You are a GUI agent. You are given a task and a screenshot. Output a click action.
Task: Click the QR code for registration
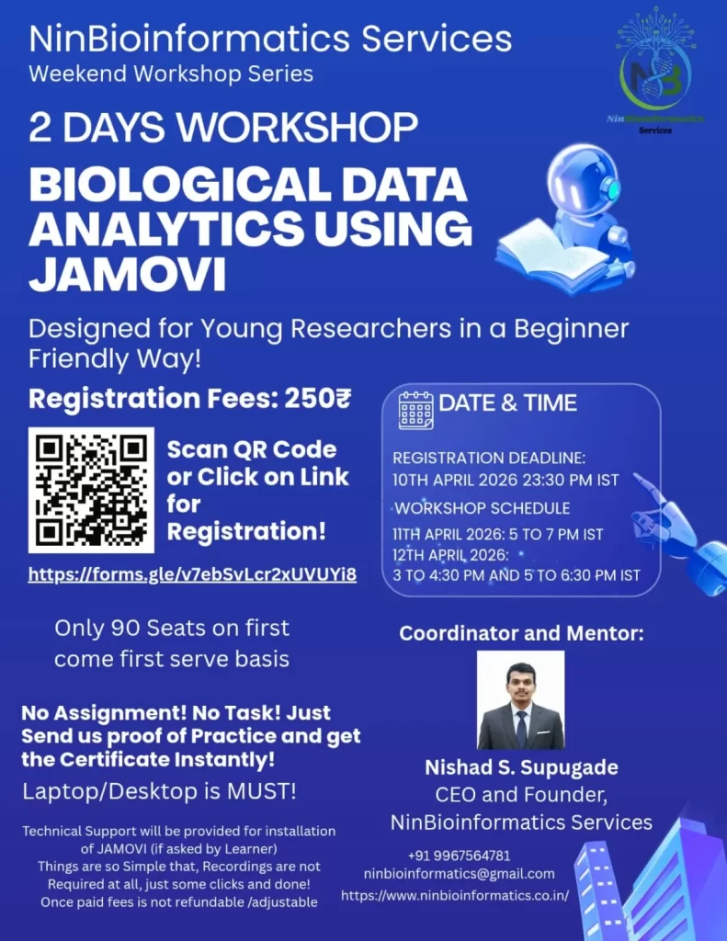(x=91, y=490)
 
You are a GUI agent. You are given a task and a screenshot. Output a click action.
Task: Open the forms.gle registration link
(x=192, y=574)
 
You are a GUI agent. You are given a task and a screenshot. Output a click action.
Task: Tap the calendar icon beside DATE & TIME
(x=416, y=411)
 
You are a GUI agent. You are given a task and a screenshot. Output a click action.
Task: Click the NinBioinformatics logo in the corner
(x=655, y=71)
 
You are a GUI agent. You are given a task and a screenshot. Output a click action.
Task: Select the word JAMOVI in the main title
(x=127, y=274)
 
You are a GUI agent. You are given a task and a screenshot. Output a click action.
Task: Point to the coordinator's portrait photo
(x=520, y=699)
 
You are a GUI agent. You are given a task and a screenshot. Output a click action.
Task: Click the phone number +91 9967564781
(x=459, y=856)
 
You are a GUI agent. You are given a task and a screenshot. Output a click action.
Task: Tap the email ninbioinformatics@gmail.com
(x=459, y=874)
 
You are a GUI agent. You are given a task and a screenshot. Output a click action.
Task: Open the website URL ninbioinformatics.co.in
(x=455, y=895)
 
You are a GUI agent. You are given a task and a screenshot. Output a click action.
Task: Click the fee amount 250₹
(x=317, y=398)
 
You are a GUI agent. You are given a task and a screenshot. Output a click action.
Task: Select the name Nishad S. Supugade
(x=521, y=767)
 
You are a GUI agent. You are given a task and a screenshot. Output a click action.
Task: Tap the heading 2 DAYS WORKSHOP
(x=223, y=127)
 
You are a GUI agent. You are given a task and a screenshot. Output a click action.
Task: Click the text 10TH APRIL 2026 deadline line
(x=505, y=480)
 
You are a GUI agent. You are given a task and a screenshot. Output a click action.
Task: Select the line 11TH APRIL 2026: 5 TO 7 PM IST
(x=497, y=534)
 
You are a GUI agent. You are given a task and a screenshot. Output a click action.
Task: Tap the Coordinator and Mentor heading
(x=521, y=633)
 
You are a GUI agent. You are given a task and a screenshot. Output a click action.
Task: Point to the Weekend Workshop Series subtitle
(x=171, y=74)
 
